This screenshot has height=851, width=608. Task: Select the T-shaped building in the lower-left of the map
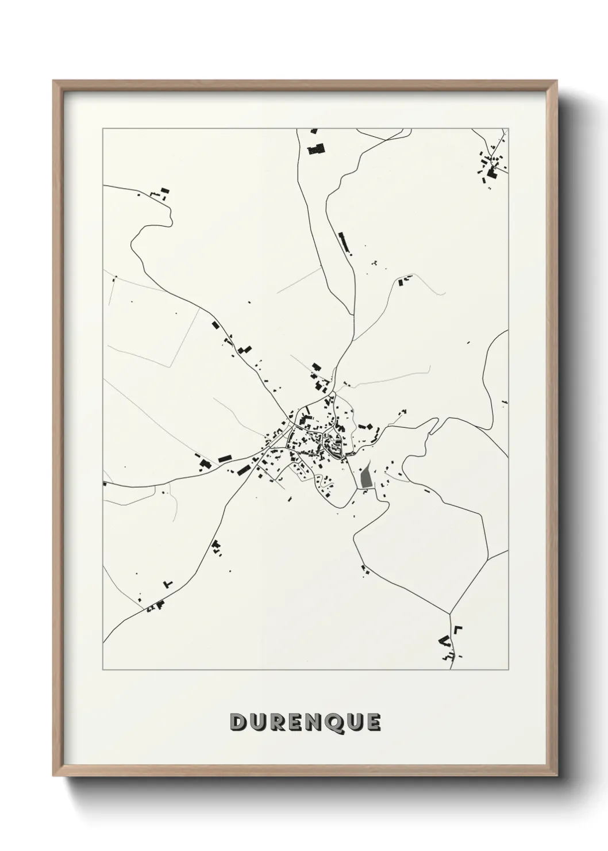click(x=168, y=584)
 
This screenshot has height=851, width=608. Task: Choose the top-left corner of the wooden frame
click(x=54, y=81)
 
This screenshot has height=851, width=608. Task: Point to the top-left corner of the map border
click(x=103, y=129)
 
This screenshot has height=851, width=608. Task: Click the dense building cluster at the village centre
click(x=313, y=437)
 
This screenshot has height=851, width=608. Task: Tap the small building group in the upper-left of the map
click(x=160, y=193)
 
